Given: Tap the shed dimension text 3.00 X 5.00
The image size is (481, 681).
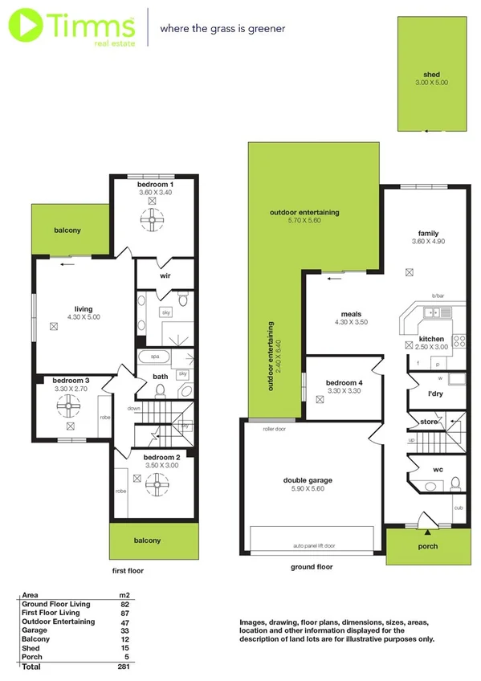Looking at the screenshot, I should pyautogui.click(x=432, y=83).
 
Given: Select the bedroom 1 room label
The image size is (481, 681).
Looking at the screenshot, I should pyautogui.click(x=155, y=185).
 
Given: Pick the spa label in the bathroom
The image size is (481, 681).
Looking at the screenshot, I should pyautogui.click(x=154, y=355).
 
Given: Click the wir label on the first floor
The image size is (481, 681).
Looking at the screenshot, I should pyautogui.click(x=165, y=275).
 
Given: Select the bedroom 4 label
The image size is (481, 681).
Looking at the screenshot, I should pyautogui.click(x=344, y=382).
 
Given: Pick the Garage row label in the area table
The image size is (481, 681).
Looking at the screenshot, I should pyautogui.click(x=35, y=630).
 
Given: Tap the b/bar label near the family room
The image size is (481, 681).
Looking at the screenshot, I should pyautogui.click(x=438, y=296).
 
